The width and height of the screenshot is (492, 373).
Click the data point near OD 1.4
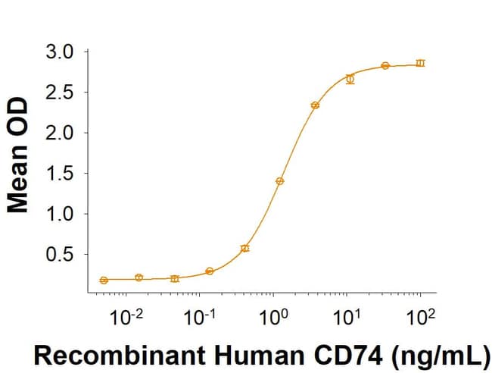point(280,181)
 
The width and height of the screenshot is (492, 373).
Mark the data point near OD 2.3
point(315,105)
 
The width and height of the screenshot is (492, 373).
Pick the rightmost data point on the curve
point(421,63)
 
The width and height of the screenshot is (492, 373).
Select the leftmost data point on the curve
point(104,280)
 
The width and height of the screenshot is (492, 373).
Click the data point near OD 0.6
point(244,248)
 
